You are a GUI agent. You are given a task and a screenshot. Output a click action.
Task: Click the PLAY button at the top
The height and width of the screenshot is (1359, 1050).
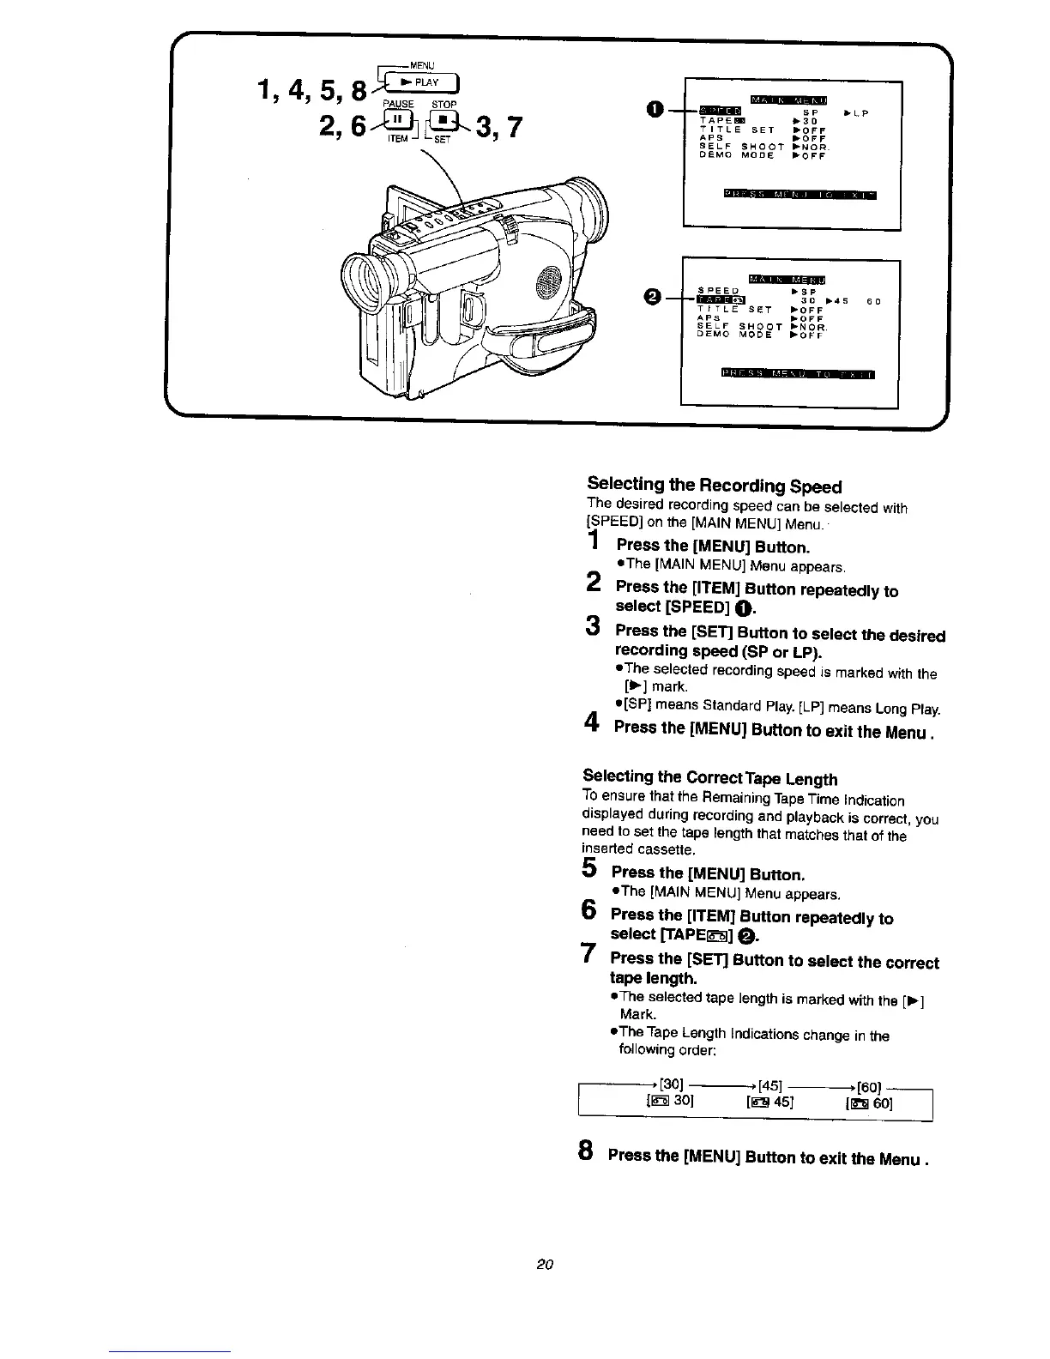tap(424, 83)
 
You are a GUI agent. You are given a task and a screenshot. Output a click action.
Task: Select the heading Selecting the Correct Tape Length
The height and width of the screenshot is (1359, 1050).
tap(709, 777)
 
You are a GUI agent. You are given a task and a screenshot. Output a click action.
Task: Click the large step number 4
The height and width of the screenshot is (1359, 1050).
tap(591, 725)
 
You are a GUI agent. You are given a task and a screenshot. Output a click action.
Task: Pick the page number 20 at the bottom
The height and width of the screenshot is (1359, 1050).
tap(543, 1264)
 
